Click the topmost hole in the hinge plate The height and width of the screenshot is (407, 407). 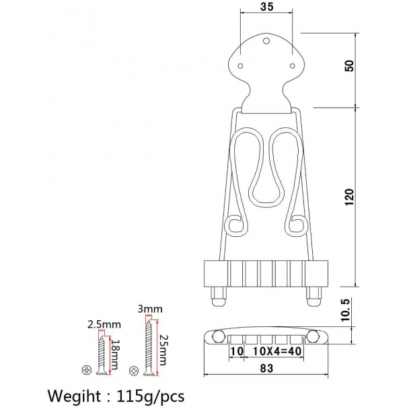point(267,42)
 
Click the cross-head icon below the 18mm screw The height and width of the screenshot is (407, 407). point(85,369)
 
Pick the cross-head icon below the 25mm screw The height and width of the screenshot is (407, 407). point(137,369)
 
